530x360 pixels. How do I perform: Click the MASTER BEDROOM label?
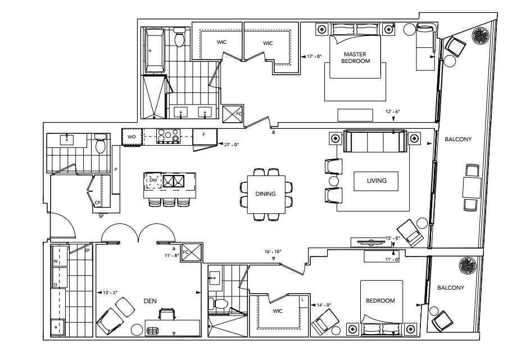click(355, 57)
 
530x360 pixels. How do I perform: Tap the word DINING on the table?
click(265, 193)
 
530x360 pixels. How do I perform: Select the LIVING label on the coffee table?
click(377, 181)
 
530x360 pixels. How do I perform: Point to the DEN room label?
click(150, 301)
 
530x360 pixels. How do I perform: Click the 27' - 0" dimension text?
click(231, 145)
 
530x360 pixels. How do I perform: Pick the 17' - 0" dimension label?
click(314, 56)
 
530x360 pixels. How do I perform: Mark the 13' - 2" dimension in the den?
click(110, 292)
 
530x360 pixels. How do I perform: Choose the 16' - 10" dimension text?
click(273, 252)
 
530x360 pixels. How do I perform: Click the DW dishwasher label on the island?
click(153, 181)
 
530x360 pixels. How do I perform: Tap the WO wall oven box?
click(131, 137)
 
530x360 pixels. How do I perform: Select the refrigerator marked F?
click(205, 136)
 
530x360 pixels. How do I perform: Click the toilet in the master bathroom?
click(179, 37)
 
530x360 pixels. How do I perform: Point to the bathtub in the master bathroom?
click(155, 51)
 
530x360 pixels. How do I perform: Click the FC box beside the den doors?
click(192, 253)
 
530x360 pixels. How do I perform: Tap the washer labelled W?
click(59, 261)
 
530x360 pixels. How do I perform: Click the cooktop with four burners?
click(168, 136)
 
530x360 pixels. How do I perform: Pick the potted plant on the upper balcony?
click(481, 35)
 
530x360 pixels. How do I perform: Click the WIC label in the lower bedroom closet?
click(277, 311)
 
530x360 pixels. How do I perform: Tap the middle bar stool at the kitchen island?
click(169, 202)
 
